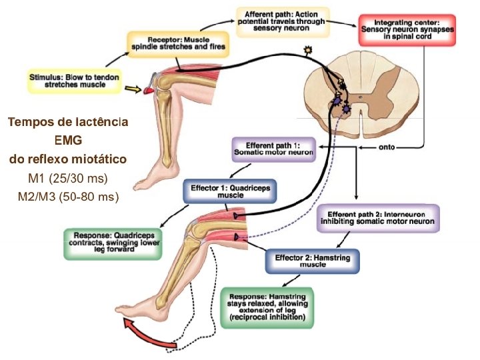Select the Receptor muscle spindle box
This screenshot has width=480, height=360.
tap(178, 43)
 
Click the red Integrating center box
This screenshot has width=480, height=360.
tap(406, 30)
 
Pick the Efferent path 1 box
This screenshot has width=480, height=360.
tap(273, 148)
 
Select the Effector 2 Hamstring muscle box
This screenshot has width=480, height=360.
tap(313, 261)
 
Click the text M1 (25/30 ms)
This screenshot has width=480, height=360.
tap(68, 179)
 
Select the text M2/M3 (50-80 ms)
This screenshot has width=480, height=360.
tap(68, 197)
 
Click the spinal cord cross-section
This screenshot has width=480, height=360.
tap(360, 97)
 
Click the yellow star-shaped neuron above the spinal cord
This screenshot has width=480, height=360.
tap(307, 50)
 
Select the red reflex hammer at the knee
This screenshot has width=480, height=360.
tap(148, 85)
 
